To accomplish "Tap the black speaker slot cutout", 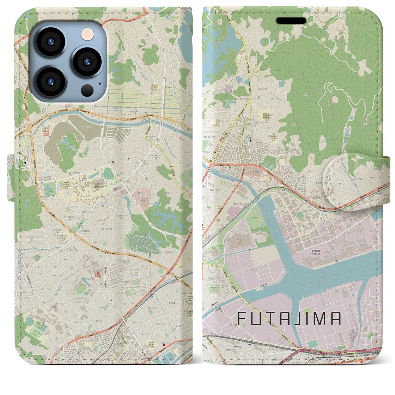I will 291,21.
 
